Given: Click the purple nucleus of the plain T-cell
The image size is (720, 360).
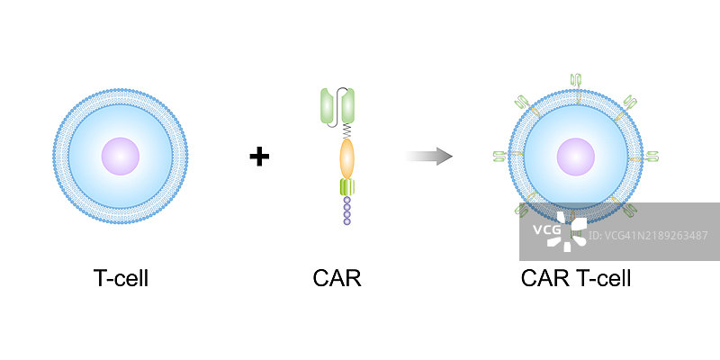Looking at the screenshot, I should [121, 156].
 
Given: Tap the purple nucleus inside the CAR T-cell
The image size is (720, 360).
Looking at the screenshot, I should [576, 157].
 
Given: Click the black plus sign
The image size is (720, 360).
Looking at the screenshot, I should [259, 157].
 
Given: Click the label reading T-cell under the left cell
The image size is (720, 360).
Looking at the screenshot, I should [121, 278].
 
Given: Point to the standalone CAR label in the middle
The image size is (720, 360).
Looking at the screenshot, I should [337, 278].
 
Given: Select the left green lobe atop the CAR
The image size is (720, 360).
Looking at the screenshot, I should [328, 106].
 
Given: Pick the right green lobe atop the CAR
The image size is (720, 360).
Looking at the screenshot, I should [348, 106].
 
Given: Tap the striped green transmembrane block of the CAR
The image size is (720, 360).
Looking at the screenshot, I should [347, 187].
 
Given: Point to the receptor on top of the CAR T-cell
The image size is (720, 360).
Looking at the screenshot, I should [576, 80].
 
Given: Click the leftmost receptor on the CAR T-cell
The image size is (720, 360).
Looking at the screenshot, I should [500, 157].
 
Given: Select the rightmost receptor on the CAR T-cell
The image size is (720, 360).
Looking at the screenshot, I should [652, 157].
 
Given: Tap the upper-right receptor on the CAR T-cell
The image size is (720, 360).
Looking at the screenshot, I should [629, 103].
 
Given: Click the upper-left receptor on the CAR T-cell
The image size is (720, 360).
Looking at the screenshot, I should [523, 103].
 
